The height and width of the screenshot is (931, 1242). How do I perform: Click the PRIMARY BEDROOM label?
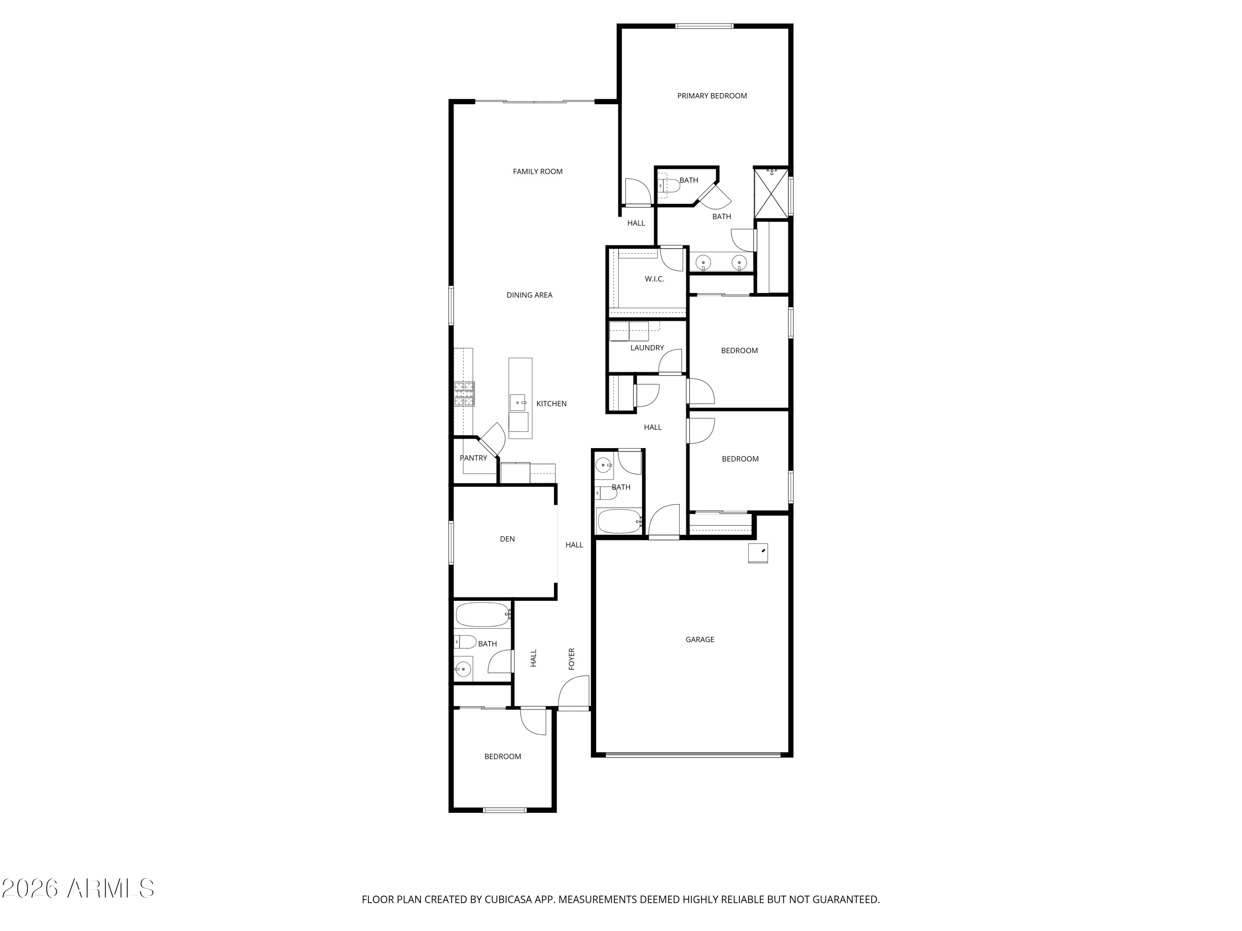click(x=711, y=96)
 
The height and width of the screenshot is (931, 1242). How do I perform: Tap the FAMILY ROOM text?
click(x=537, y=172)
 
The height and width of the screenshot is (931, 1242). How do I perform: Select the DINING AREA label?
click(x=529, y=295)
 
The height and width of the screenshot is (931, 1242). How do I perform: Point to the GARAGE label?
click(x=700, y=639)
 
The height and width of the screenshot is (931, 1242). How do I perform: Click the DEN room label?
click(x=507, y=539)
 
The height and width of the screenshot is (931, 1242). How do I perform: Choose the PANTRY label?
click(x=473, y=458)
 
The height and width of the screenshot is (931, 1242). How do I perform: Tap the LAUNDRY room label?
click(x=647, y=348)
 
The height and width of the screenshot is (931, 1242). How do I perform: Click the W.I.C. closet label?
click(x=654, y=279)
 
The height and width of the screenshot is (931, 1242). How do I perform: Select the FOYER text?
click(x=572, y=659)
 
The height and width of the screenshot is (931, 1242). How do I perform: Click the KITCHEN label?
click(x=551, y=403)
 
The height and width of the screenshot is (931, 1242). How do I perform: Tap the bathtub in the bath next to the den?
click(x=482, y=615)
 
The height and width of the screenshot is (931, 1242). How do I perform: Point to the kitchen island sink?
click(x=517, y=402)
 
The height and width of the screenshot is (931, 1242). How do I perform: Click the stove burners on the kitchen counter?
click(x=464, y=394)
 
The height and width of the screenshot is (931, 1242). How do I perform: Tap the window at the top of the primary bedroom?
click(x=704, y=26)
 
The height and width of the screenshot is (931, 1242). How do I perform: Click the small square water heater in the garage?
click(x=758, y=553)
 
